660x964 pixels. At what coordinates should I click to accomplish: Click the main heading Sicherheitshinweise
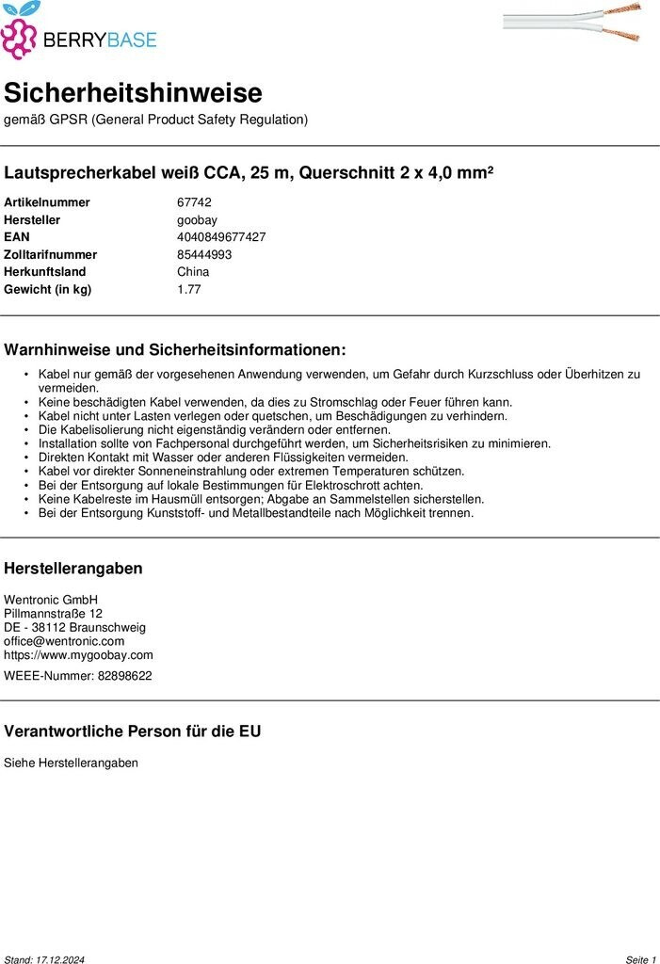(133, 92)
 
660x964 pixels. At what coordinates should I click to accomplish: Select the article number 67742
(194, 202)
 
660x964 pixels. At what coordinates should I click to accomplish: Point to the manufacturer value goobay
(197, 219)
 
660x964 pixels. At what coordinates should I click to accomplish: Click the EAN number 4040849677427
(221, 237)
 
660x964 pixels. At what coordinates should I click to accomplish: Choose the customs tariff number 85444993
(204, 254)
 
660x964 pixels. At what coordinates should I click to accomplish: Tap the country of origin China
(193, 272)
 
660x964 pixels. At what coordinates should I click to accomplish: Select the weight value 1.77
(188, 289)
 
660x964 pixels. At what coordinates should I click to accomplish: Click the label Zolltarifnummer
(51, 254)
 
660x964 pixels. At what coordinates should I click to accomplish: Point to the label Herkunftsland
(45, 272)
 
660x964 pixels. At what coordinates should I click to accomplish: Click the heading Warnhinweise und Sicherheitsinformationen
(175, 350)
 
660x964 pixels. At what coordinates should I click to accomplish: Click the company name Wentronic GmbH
(51, 600)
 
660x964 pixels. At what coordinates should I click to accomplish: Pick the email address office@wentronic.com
(64, 641)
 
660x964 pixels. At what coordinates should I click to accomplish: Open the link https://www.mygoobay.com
(78, 655)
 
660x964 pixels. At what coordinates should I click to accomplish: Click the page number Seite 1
(640, 959)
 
